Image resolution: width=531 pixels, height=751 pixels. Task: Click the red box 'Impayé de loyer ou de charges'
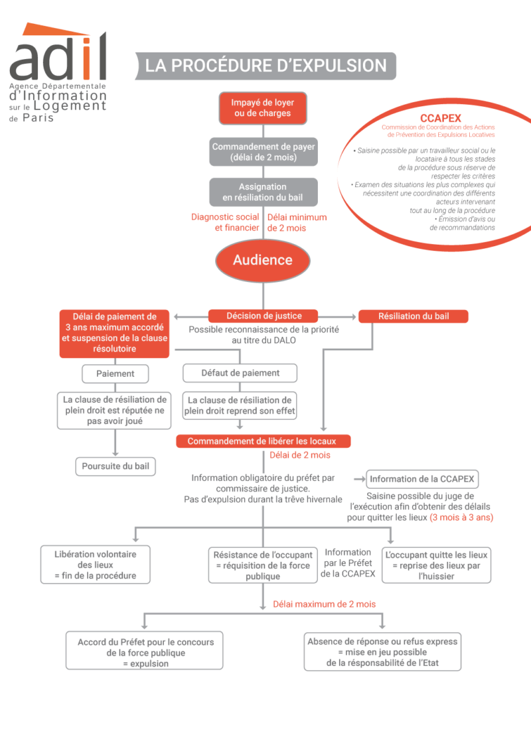pos(263,108)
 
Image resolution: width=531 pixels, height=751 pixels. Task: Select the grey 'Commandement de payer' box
pos(264,152)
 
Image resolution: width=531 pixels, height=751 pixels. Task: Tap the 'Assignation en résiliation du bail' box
pos(263,192)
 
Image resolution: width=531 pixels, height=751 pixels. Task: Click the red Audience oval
pos(263,260)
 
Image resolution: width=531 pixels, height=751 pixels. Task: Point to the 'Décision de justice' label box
pos(264,316)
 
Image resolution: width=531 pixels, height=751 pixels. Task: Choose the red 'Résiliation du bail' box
pos(413,316)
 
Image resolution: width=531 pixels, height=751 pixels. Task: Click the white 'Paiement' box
pos(115,374)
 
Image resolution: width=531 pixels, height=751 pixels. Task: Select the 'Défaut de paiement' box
pos(240,373)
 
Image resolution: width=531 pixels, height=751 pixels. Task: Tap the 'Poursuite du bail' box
pos(115,466)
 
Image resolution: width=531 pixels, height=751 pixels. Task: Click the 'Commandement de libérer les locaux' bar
pos(263,441)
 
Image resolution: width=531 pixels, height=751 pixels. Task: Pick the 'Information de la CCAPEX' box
pos(422,479)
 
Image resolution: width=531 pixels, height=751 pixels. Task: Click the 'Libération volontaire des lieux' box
pos(96,565)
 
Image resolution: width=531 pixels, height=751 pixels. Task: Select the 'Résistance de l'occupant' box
pos(263,565)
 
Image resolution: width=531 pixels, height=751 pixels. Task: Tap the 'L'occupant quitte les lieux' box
pos(437,565)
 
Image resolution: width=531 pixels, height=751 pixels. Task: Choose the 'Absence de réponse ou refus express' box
pos(382,652)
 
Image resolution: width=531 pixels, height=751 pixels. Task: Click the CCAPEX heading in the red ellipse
pos(441,118)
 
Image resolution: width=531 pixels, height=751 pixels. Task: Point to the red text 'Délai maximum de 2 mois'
pos(325,604)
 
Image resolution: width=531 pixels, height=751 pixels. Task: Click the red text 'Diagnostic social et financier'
pos(225,222)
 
